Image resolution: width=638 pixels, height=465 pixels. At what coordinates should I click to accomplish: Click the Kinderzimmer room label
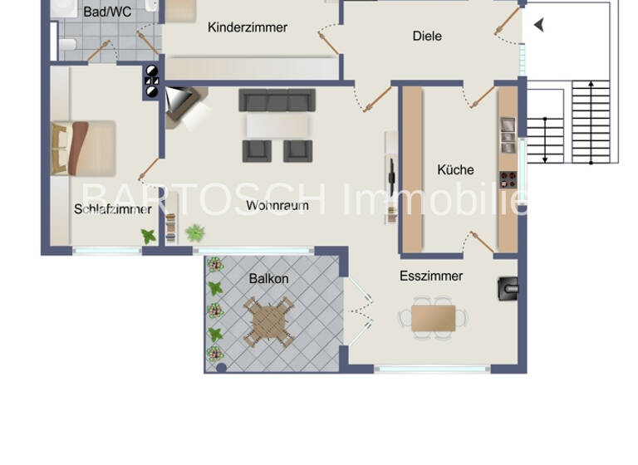point(248,27)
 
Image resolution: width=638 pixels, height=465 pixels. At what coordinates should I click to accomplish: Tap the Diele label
point(427,36)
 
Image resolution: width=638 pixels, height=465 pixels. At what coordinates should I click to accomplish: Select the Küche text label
point(455,169)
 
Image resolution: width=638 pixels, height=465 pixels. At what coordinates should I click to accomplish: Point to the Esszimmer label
point(431,276)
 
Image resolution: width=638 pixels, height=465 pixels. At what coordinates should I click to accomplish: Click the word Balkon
point(268,279)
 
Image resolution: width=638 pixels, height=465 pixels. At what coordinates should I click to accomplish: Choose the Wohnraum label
point(277,205)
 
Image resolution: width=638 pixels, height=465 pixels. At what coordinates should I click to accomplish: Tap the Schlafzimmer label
point(112,209)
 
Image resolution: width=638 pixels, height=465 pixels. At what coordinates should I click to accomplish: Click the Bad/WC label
point(107,12)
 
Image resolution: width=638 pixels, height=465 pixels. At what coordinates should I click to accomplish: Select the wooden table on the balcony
point(268,321)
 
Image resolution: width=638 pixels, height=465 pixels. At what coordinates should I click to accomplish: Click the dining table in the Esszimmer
point(433,318)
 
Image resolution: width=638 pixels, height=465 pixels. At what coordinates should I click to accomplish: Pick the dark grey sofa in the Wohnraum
point(277,100)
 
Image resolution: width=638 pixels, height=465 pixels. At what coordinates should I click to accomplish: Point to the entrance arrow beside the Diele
point(539,25)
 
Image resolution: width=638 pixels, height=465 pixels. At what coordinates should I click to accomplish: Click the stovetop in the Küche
point(507,179)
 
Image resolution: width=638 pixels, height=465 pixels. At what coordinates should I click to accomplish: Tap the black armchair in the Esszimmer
point(508,287)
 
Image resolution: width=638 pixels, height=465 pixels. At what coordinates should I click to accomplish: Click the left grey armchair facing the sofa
point(257,150)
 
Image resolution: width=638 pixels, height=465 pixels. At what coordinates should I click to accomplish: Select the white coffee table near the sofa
point(277,125)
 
